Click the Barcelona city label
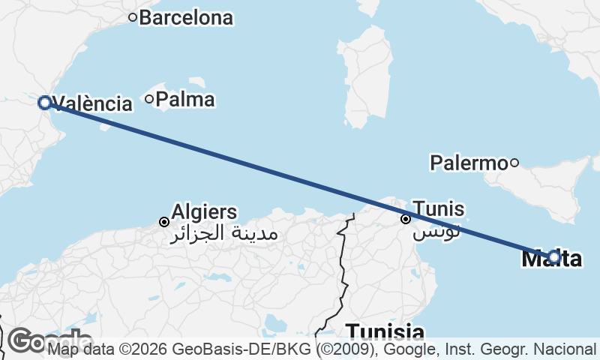click(x=186, y=18)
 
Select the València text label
click(x=93, y=103)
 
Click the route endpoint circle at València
click(x=44, y=103)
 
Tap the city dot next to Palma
click(x=150, y=98)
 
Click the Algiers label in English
click(x=204, y=211)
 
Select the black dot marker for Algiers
click(x=164, y=221)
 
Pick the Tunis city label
click(x=439, y=209)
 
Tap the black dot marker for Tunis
click(x=406, y=219)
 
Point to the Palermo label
click(x=469, y=162)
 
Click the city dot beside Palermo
click(x=514, y=162)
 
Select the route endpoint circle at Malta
click(x=554, y=257)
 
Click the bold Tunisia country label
click(x=385, y=331)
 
